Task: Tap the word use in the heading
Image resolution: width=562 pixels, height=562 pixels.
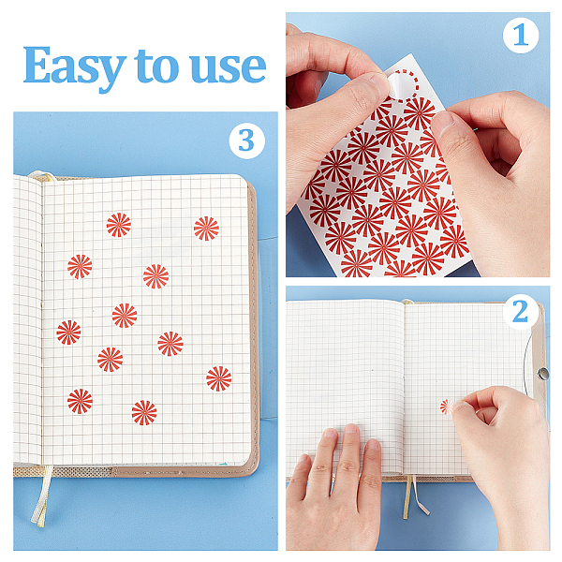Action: point(229,67)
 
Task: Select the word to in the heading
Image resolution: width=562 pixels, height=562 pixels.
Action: point(156,66)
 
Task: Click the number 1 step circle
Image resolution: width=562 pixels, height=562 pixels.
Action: point(521,36)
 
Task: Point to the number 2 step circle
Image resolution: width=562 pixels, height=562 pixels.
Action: point(521,312)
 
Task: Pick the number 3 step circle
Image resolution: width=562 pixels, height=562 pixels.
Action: point(247,140)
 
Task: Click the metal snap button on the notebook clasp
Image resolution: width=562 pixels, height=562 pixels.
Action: point(542,374)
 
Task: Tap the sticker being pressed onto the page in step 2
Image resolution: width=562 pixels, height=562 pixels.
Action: point(447,407)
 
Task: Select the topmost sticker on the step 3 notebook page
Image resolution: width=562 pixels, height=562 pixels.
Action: point(119,225)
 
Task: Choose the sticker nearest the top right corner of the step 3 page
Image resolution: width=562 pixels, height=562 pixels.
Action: point(206,229)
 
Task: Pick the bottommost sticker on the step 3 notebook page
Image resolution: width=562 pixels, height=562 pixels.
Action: point(144,412)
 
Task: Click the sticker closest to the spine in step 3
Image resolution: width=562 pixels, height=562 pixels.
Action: point(68,333)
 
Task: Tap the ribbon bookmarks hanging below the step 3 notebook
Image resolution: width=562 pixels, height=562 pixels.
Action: point(41,495)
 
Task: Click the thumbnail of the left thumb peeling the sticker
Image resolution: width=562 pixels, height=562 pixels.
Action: point(379,82)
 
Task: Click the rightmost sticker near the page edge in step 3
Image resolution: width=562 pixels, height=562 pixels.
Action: point(219,378)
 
